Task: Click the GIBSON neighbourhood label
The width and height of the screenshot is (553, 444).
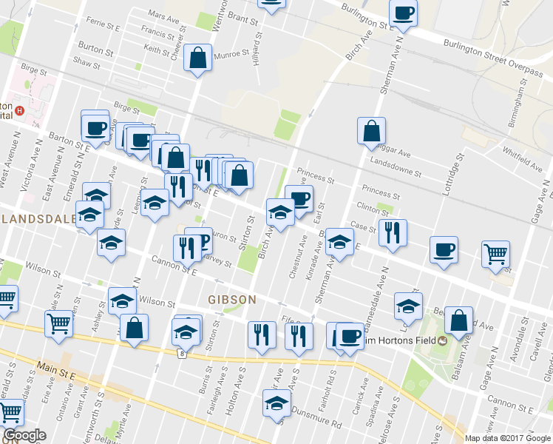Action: coord(231,300)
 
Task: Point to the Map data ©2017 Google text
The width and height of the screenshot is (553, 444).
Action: coord(507,437)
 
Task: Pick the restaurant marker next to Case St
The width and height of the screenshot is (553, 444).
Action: coord(393,232)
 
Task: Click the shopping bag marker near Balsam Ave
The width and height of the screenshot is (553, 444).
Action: coord(459,320)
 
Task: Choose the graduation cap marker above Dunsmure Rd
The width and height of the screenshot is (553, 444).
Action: coord(276,403)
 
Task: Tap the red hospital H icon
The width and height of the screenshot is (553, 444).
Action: coord(20,111)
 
